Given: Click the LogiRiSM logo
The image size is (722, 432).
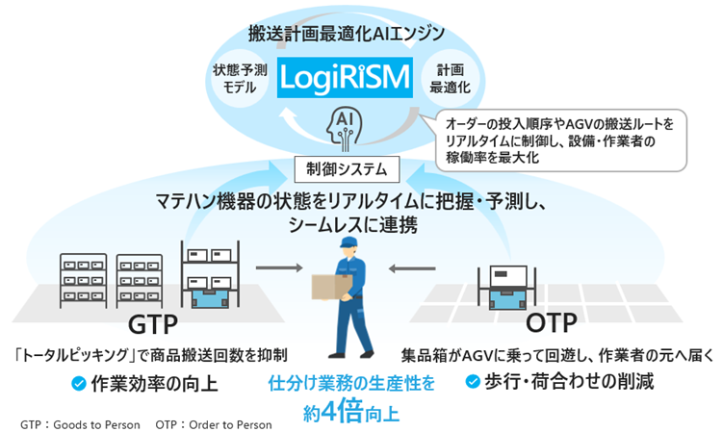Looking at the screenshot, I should (x=344, y=80).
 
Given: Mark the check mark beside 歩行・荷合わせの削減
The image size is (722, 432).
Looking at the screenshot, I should (x=474, y=382).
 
